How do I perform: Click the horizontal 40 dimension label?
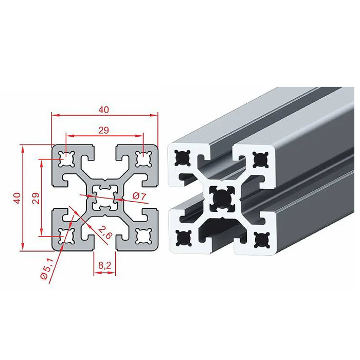coord(103,110)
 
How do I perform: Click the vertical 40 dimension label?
coord(17,198)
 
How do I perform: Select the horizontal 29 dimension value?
coord(103,131)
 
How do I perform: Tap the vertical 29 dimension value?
coord(36,199)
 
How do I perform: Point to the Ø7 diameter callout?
coord(139,196)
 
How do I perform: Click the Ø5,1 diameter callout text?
coord(47,268)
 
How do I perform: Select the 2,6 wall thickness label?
coord(104,232)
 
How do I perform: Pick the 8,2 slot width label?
coord(105,266)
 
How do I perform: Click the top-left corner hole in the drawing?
coord(66,159)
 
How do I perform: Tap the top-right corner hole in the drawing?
coord(143,159)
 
